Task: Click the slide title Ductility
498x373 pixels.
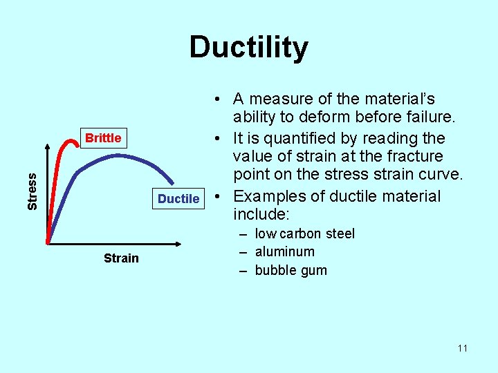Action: click(x=248, y=48)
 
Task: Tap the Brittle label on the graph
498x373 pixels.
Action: click(x=103, y=138)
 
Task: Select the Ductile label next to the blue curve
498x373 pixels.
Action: click(x=178, y=199)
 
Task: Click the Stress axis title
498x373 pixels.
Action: click(x=33, y=191)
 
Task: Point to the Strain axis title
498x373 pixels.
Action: click(x=121, y=258)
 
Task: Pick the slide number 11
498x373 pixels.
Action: click(x=462, y=348)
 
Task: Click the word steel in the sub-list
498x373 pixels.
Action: click(x=339, y=233)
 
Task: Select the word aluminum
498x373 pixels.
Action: click(x=284, y=252)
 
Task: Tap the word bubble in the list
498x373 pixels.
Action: click(x=275, y=270)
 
